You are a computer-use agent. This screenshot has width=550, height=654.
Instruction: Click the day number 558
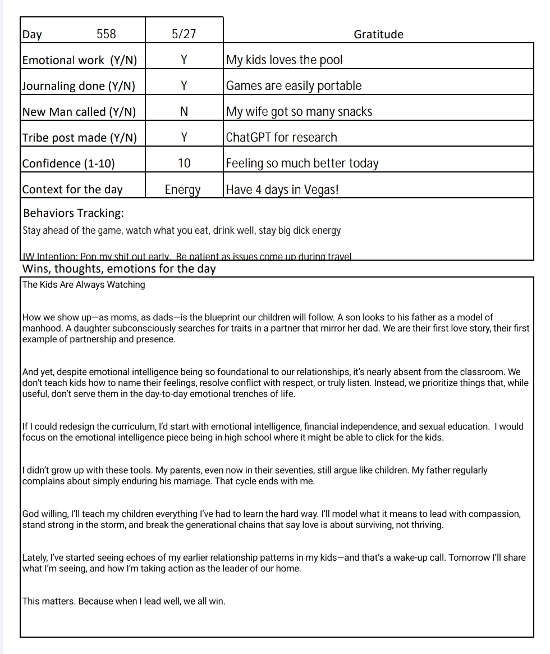106,34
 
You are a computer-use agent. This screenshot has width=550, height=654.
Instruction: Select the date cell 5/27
184,34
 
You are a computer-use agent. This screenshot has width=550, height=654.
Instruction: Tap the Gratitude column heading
378,34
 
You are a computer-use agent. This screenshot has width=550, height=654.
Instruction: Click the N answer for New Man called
184,112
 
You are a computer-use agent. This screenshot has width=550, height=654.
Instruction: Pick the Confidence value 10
184,163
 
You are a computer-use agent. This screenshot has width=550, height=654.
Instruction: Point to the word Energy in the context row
182,190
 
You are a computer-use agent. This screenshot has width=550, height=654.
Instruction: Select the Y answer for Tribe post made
184,138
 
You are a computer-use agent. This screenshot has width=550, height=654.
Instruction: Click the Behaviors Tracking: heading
74,214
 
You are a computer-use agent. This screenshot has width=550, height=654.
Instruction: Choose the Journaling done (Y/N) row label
79,86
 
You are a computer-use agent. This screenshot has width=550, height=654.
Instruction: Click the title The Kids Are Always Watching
84,285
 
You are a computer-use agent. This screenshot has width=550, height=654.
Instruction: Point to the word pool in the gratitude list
331,60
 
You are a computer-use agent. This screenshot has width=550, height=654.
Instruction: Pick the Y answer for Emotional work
184,60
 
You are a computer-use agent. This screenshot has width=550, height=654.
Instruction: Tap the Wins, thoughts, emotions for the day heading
119,269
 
